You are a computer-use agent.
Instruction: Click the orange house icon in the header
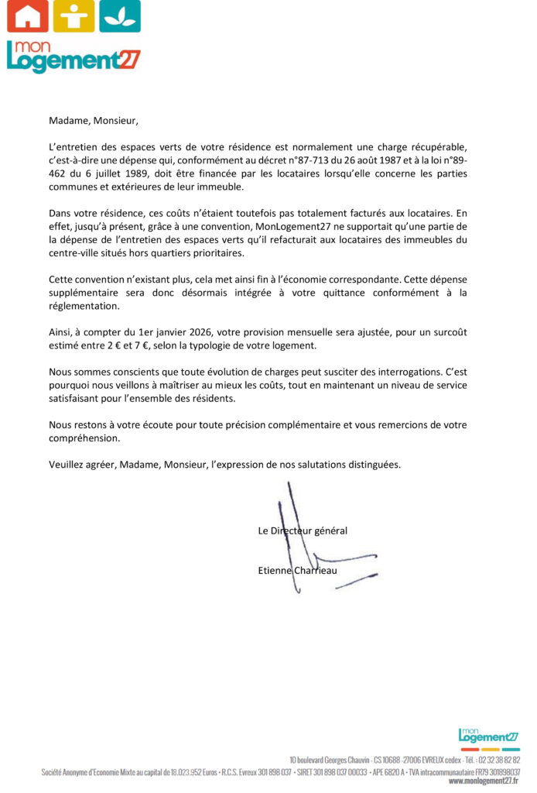pyautogui.click(x=27, y=16)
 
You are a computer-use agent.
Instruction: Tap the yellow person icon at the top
pyautogui.click(x=74, y=16)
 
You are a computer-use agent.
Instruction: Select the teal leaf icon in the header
pyautogui.click(x=120, y=16)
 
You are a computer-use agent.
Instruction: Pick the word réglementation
pyautogui.click(x=84, y=306)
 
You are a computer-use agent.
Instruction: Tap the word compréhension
pyautogui.click(x=84, y=438)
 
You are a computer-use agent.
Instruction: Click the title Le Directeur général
pyautogui.click(x=303, y=530)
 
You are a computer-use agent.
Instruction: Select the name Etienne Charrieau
pyautogui.click(x=297, y=571)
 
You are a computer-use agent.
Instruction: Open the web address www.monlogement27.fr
pyautogui.click(x=484, y=781)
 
